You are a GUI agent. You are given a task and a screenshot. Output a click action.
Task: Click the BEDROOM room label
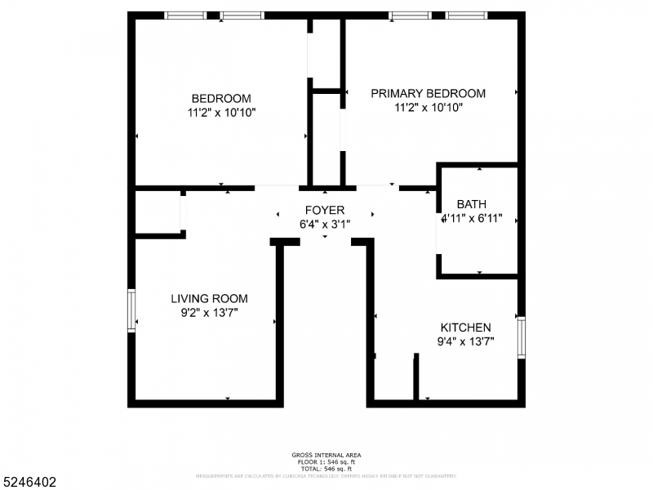click(x=221, y=98)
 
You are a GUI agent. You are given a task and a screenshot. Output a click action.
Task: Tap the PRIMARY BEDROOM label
click(x=428, y=93)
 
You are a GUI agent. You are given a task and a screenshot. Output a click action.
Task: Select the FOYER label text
click(x=325, y=210)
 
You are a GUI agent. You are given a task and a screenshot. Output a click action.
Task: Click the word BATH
click(x=471, y=204)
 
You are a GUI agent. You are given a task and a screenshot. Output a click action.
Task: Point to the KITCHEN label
click(x=465, y=327)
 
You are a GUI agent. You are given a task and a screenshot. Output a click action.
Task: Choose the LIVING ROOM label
click(x=209, y=299)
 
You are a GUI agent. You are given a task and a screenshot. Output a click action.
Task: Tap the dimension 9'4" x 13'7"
click(x=465, y=341)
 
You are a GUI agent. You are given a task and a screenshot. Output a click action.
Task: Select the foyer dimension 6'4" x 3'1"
click(x=325, y=224)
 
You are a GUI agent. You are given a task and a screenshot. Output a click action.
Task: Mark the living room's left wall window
click(x=131, y=310)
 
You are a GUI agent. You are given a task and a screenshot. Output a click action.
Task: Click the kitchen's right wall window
click(x=521, y=336)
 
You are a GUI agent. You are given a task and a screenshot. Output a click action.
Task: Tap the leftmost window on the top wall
click(x=185, y=15)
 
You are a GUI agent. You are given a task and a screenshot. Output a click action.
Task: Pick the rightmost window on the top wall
click(x=466, y=15)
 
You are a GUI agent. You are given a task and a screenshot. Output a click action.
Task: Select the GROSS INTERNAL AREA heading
click(x=326, y=455)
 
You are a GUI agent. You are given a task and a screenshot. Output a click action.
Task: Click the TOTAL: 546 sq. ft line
click(x=326, y=468)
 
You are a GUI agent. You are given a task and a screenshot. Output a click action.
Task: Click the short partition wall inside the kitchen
click(x=415, y=376)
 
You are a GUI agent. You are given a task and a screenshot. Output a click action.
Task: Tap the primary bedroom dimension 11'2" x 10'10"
click(x=428, y=107)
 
